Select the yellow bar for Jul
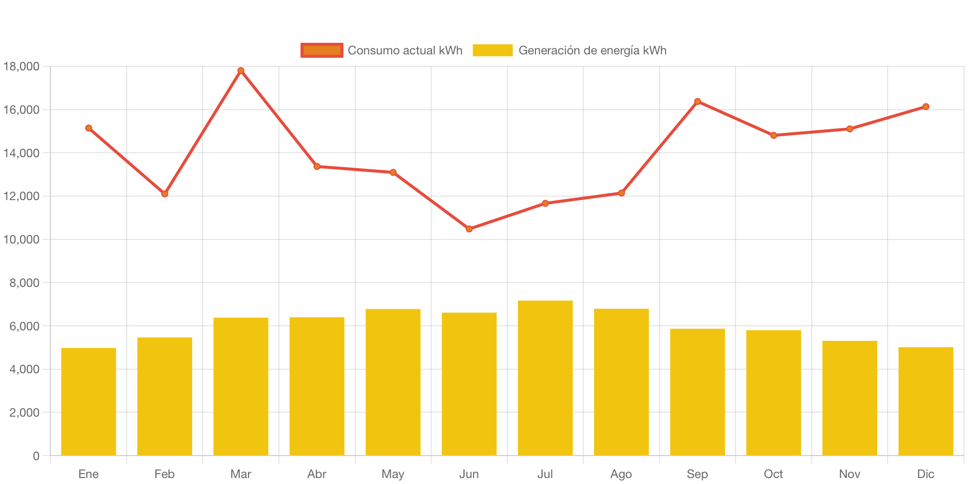(x=545, y=378)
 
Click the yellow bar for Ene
(x=88, y=401)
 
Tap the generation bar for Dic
(x=926, y=401)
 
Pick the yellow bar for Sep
(x=697, y=392)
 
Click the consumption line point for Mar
(x=241, y=70)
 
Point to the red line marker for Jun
(x=469, y=229)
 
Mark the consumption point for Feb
(x=165, y=194)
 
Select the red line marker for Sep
(x=698, y=101)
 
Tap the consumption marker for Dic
(x=926, y=106)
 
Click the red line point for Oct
(x=773, y=135)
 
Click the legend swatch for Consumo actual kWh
(x=322, y=50)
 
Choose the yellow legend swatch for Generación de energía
(x=492, y=50)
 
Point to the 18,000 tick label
(x=21, y=66)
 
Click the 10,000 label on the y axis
(x=21, y=240)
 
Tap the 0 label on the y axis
(x=36, y=456)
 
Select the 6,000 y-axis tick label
(x=24, y=326)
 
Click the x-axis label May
(x=393, y=474)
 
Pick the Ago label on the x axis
(x=621, y=474)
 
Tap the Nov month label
(x=849, y=474)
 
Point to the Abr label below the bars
(x=317, y=474)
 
